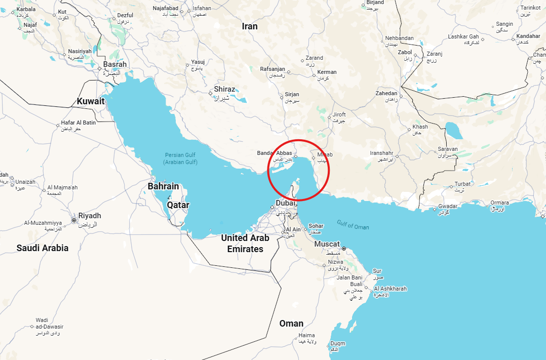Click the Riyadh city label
89,216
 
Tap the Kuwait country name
91,101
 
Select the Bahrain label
163,186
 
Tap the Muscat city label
327,244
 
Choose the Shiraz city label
224,89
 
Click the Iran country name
250,26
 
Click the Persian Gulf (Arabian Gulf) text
180,158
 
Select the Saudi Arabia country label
43,248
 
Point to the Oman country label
291,324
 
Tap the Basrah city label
115,65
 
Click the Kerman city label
327,72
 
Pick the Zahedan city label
386,93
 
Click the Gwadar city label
448,206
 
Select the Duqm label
338,343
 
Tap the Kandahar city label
528,36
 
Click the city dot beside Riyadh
74,220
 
